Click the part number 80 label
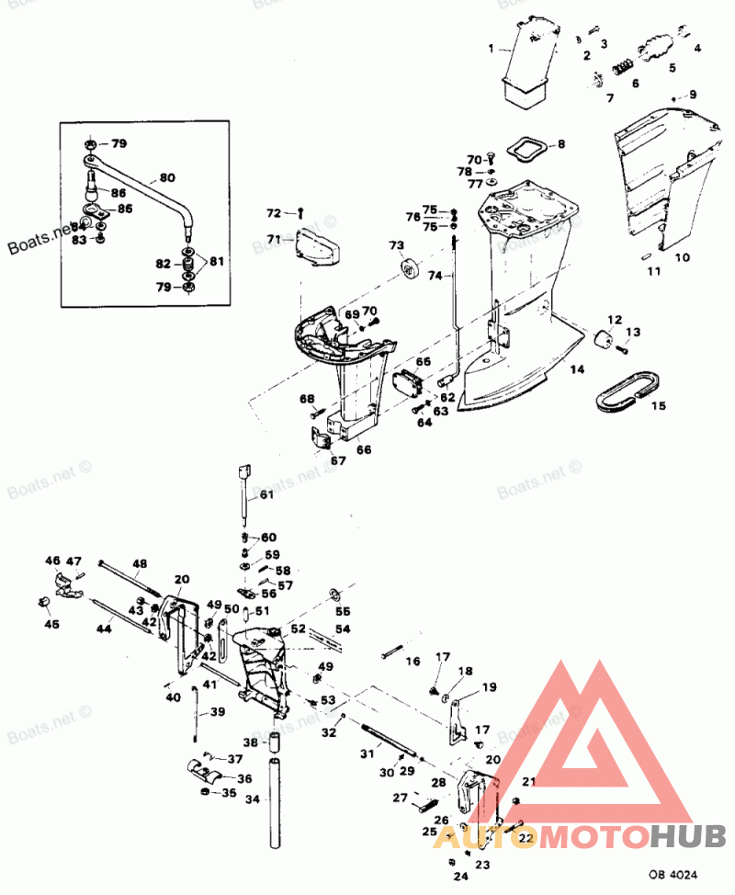pyautogui.click(x=166, y=177)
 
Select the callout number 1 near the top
pyautogui.click(x=491, y=48)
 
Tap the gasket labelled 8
pyautogui.click(x=526, y=148)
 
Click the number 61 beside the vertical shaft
pyautogui.click(x=266, y=495)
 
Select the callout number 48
pyautogui.click(x=140, y=563)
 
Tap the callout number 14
pyautogui.click(x=576, y=370)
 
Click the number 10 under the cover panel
pyautogui.click(x=682, y=258)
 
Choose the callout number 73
pyautogui.click(x=396, y=245)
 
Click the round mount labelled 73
pyautogui.click(x=409, y=270)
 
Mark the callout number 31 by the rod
pyautogui.click(x=367, y=753)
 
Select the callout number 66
pyautogui.click(x=365, y=450)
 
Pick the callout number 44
pyautogui.click(x=105, y=629)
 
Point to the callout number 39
pyautogui.click(x=217, y=712)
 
